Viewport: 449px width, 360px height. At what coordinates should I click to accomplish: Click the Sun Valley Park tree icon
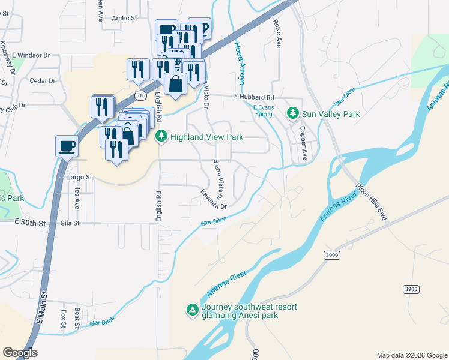point(293,113)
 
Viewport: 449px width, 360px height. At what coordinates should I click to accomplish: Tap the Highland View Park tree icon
point(161,137)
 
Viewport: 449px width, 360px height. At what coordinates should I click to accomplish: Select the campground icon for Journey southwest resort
point(192,310)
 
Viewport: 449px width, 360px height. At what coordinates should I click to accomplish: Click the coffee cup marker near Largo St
point(67,145)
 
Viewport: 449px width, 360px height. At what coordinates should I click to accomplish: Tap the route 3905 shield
point(411,289)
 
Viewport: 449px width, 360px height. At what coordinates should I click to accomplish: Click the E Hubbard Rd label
point(254,97)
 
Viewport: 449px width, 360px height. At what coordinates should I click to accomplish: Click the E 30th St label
point(30,223)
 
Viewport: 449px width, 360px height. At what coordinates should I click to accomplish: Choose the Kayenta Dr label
point(214,198)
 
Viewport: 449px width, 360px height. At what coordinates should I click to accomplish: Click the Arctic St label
point(125,18)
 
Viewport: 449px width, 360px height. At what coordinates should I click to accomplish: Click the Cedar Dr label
point(43,80)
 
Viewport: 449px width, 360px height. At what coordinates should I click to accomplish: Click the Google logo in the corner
point(20,353)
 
